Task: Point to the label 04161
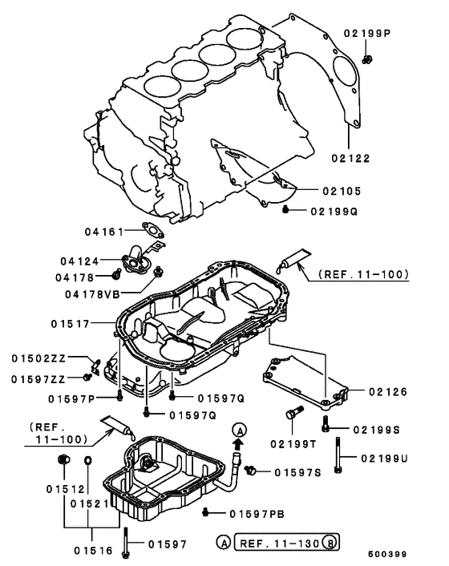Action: tap(103, 232)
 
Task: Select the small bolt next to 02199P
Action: tap(366, 59)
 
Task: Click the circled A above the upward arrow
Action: tap(237, 431)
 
